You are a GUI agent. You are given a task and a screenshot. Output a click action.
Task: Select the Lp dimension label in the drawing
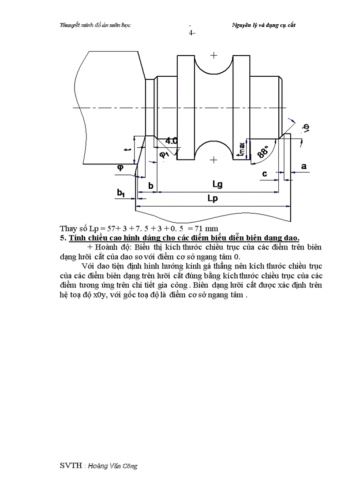[213, 199]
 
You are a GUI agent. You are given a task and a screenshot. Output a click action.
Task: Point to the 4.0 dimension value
[172, 141]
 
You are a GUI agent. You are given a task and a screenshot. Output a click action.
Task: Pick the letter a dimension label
[303, 166]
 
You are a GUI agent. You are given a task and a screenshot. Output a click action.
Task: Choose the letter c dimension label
[264, 174]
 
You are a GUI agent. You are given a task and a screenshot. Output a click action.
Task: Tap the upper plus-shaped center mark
[214, 56]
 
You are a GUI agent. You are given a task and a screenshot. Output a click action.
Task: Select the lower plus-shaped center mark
[214, 160]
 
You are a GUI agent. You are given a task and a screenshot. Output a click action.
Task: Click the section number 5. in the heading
[63, 238]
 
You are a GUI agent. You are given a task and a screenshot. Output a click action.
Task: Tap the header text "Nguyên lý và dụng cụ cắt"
[263, 25]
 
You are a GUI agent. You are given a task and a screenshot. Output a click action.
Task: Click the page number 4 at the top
[191, 33]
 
